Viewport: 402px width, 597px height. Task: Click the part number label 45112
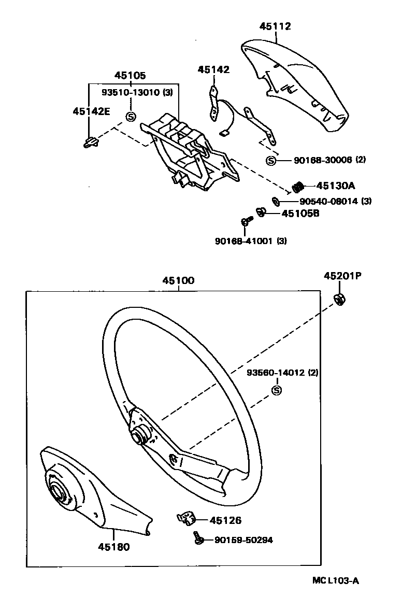point(275,26)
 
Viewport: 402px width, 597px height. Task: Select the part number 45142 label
point(213,70)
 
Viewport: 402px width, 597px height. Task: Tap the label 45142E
point(91,111)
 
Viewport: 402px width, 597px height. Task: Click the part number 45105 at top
point(130,75)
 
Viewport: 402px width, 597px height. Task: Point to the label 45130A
point(333,186)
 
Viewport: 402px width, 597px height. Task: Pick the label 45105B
point(300,213)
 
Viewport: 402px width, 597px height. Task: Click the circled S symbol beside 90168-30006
point(270,161)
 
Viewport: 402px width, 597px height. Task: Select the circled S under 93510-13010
point(131,117)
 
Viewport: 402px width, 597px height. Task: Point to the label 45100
point(178,281)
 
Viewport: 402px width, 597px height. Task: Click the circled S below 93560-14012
point(276,390)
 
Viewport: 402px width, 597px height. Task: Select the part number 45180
point(113,546)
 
